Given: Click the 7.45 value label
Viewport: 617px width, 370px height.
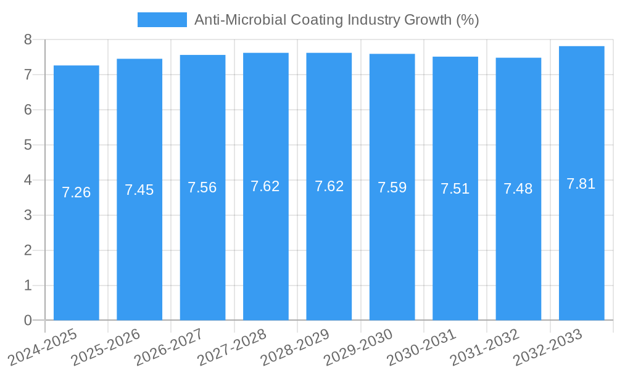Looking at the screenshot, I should pyautogui.click(x=139, y=190).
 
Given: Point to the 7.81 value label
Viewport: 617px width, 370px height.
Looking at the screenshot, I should pyautogui.click(x=581, y=184).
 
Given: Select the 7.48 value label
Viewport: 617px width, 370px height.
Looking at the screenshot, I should pyautogui.click(x=518, y=189).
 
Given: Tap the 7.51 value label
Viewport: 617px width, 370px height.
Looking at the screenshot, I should pyautogui.click(x=455, y=189).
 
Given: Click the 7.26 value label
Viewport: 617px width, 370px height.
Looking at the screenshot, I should pyautogui.click(x=77, y=192).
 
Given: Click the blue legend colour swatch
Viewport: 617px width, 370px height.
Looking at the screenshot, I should pyautogui.click(x=162, y=20).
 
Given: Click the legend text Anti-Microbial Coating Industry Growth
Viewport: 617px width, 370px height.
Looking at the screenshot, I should pyautogui.click(x=336, y=20).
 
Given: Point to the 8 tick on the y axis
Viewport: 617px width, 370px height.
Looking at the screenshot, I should pyautogui.click(x=28, y=40).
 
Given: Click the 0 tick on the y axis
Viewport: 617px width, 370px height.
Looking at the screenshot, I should pyautogui.click(x=28, y=320).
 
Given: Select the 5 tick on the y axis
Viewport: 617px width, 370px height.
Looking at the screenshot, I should pyautogui.click(x=28, y=145).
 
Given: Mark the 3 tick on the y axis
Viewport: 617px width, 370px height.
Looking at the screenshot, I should pyautogui.click(x=28, y=215).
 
